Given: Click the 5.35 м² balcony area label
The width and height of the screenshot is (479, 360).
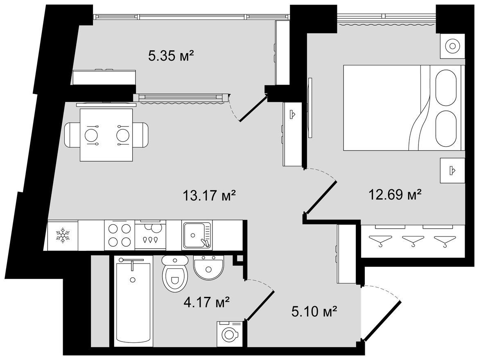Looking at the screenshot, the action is click(x=172, y=56).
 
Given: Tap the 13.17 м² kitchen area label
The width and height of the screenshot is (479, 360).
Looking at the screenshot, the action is click(x=209, y=195).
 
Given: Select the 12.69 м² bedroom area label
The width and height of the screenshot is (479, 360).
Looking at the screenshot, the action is click(x=395, y=194).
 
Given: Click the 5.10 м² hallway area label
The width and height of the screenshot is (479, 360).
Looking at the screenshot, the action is click(x=314, y=312).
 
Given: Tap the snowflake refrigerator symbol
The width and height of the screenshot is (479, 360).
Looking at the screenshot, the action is click(x=63, y=235).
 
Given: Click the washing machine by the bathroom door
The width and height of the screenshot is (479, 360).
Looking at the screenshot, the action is click(x=230, y=334).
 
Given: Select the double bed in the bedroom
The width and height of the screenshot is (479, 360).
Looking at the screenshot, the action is click(x=402, y=108).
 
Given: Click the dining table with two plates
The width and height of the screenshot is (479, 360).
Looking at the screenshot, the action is click(x=106, y=135).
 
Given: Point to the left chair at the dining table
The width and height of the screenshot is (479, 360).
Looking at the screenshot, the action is click(x=73, y=135).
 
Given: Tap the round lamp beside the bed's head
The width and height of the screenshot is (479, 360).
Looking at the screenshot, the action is click(x=452, y=46).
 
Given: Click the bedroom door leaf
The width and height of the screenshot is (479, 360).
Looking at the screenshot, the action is click(x=321, y=197).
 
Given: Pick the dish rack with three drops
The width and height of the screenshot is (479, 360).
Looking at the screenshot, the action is click(x=151, y=235).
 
